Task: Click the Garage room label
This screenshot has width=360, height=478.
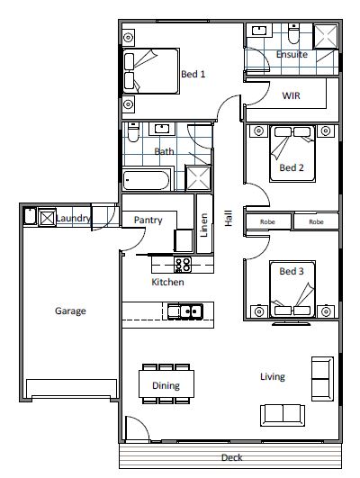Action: click(x=70, y=311)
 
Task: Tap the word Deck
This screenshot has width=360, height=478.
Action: click(x=232, y=457)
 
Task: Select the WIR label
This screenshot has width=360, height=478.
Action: click(x=291, y=95)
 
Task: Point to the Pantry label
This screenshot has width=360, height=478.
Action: click(x=148, y=221)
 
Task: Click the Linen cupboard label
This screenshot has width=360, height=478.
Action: click(x=204, y=225)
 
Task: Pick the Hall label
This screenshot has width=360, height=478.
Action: click(x=229, y=218)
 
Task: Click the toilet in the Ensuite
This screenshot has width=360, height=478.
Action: click(x=294, y=34)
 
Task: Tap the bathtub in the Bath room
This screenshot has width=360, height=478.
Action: click(x=146, y=180)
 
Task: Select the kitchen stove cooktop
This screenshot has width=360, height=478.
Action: click(x=183, y=265)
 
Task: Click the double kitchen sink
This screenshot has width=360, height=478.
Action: click(x=185, y=311)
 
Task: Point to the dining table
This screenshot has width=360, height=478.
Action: click(x=166, y=383)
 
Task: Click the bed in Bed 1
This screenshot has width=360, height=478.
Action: click(x=151, y=71)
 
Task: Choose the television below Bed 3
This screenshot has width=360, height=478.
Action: click(x=292, y=323)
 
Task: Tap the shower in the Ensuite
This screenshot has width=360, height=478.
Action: click(x=326, y=37)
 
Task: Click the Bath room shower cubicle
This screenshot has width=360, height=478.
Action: click(x=198, y=178)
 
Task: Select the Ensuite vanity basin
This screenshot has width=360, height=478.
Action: click(x=259, y=32)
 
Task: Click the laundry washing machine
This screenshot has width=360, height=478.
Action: click(x=47, y=218)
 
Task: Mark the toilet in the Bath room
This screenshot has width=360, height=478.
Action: click(x=133, y=132)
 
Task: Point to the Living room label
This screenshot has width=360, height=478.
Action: click(x=273, y=377)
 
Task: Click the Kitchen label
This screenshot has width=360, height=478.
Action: click(x=167, y=282)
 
